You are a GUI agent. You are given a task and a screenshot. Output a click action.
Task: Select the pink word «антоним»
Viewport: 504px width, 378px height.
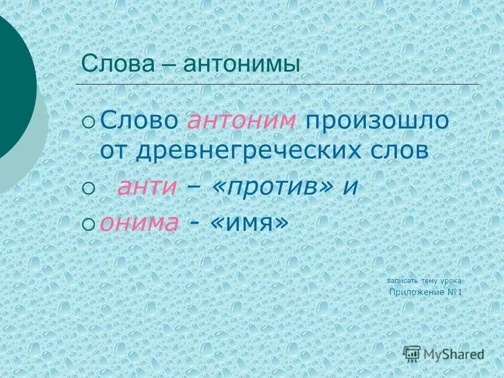pos(241,121)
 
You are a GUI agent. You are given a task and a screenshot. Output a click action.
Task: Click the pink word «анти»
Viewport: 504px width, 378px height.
pos(146,188)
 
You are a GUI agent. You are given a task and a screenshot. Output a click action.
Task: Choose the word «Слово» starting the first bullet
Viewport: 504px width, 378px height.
pos(139,121)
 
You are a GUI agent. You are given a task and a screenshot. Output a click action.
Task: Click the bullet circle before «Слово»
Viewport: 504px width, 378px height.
pos(89,122)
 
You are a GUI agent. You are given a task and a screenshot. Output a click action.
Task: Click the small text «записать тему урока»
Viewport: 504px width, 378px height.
pos(424,281)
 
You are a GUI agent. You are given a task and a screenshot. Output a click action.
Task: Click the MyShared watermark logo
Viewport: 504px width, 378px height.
pos(444,354)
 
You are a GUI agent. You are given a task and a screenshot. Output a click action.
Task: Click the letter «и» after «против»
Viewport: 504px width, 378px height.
pos(350,188)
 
